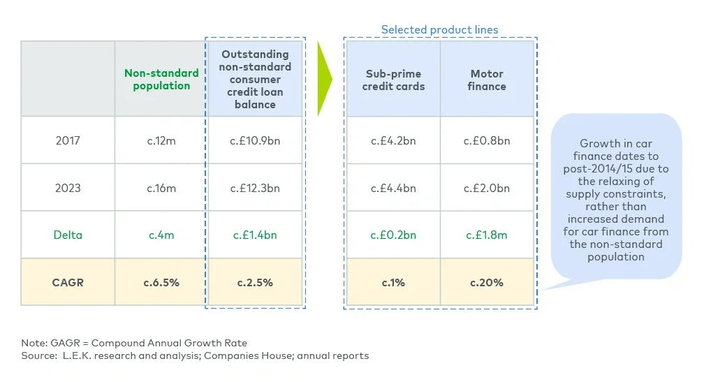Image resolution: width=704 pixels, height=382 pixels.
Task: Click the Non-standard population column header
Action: coord(161,79)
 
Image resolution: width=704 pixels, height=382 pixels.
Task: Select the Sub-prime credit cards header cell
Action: coord(395,80)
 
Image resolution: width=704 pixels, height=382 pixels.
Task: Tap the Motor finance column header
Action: coord(487,80)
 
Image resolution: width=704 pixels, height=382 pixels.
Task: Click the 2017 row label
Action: coord(68,140)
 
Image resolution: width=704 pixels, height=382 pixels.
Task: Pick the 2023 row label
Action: coord(68,188)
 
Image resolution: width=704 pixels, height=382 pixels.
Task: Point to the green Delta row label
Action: coord(68,235)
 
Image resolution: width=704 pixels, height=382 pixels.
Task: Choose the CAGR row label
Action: coord(68,282)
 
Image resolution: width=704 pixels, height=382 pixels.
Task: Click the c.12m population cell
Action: coord(161,140)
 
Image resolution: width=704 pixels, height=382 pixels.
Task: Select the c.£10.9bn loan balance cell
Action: coord(255,140)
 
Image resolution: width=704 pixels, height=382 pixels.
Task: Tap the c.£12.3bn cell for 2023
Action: coord(255,188)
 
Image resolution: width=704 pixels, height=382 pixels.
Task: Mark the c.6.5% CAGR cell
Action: coord(161,282)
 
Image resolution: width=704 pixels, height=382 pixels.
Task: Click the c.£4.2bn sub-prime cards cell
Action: coord(394,140)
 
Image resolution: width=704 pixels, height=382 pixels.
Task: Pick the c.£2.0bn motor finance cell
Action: coord(487,188)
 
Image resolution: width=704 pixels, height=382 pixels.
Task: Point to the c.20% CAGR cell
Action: coord(487,282)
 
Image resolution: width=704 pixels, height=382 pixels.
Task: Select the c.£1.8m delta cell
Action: coord(487,235)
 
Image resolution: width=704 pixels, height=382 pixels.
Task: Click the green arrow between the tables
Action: coord(324,79)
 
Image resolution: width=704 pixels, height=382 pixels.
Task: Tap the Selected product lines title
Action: coord(439,30)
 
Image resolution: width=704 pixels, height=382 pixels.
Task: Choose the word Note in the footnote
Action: coord(34,343)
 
